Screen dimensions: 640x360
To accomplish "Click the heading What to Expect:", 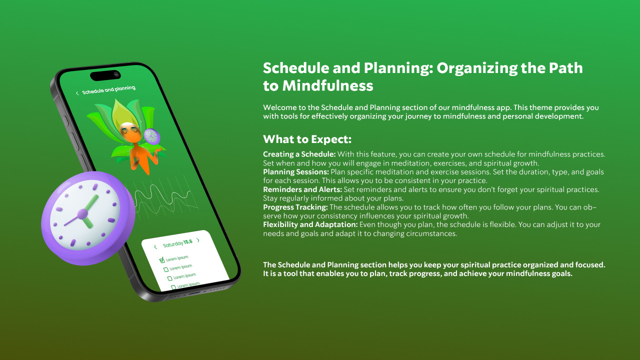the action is pyautogui.click(x=307, y=139).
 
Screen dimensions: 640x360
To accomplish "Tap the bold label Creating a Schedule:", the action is pyautogui.click(x=299, y=154).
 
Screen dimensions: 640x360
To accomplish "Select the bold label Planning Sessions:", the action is pyautogui.click(x=295, y=172).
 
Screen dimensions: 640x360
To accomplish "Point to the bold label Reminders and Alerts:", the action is pyautogui.click(x=302, y=189).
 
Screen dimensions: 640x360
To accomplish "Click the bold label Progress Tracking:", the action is pyautogui.click(x=295, y=207).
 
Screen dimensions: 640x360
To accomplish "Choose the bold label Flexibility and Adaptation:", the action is pyautogui.click(x=310, y=224).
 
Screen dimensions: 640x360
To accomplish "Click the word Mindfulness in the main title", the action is pyautogui.click(x=327, y=85).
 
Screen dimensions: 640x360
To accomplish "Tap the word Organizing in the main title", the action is pyautogui.click(x=477, y=68).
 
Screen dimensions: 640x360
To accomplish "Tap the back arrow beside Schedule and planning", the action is pyautogui.click(x=77, y=93).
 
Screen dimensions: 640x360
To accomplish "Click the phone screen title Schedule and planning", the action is pyautogui.click(x=108, y=89).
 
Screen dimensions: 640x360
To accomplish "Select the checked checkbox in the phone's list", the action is pyautogui.click(x=161, y=259).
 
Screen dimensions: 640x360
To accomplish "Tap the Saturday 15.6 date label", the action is pyautogui.click(x=177, y=243).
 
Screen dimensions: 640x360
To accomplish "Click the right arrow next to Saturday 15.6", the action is pyautogui.click(x=198, y=240).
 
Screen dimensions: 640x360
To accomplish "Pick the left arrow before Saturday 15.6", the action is pyautogui.click(x=155, y=247).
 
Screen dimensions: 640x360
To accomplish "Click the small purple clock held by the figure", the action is pyautogui.click(x=151, y=136).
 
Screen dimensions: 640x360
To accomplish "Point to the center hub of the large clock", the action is pyautogui.click(x=82, y=214).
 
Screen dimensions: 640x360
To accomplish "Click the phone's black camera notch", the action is pyautogui.click(x=105, y=75).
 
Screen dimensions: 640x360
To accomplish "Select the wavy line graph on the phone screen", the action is pyautogui.click(x=165, y=199).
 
